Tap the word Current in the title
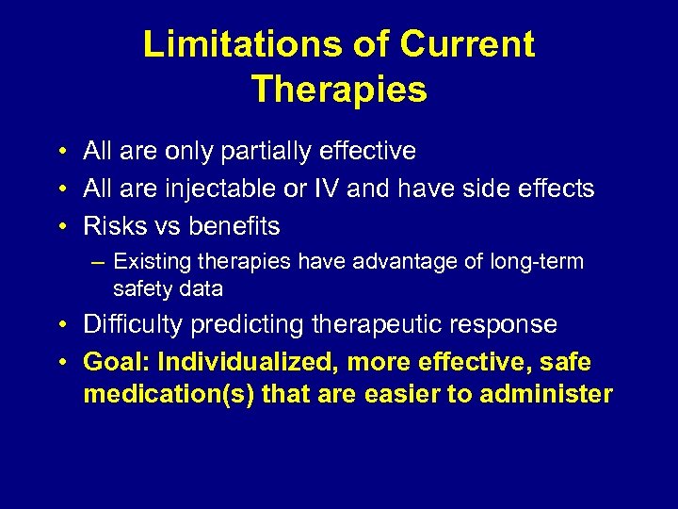pos(467,44)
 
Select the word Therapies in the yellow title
pos(339,90)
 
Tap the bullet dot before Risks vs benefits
pos(61,227)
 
